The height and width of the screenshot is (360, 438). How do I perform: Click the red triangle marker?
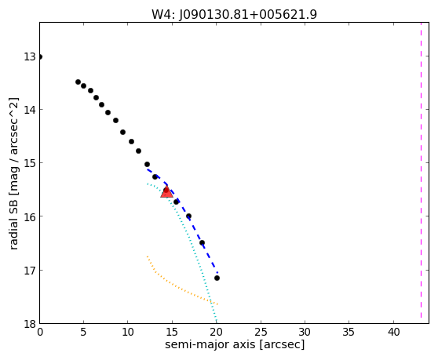point(166,192)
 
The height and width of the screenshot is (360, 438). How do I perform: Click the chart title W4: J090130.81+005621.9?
point(234,15)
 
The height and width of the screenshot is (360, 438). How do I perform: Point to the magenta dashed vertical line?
point(421,170)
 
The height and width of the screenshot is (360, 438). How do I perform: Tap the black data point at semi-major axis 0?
point(40,57)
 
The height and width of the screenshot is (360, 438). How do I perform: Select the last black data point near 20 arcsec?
point(217,278)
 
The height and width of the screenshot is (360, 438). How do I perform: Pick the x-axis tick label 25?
point(261,332)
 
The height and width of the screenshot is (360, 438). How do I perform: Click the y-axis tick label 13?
point(30,56)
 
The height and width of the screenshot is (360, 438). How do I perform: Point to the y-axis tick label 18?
point(30,324)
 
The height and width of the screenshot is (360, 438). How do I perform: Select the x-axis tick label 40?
point(393,332)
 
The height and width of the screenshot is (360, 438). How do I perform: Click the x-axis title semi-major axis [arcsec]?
point(235,344)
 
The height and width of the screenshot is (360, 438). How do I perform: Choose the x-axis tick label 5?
point(83,332)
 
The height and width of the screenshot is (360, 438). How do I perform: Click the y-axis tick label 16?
point(30,216)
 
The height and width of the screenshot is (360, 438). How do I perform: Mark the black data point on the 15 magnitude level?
point(148,165)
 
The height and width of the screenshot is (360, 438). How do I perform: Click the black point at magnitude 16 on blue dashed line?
point(189,216)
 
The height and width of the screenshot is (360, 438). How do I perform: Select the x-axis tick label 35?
point(349,332)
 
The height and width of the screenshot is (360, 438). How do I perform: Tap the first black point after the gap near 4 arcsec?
point(78,82)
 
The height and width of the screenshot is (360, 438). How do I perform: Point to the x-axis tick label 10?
point(128,332)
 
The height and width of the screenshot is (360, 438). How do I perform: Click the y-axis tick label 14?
point(30,109)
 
